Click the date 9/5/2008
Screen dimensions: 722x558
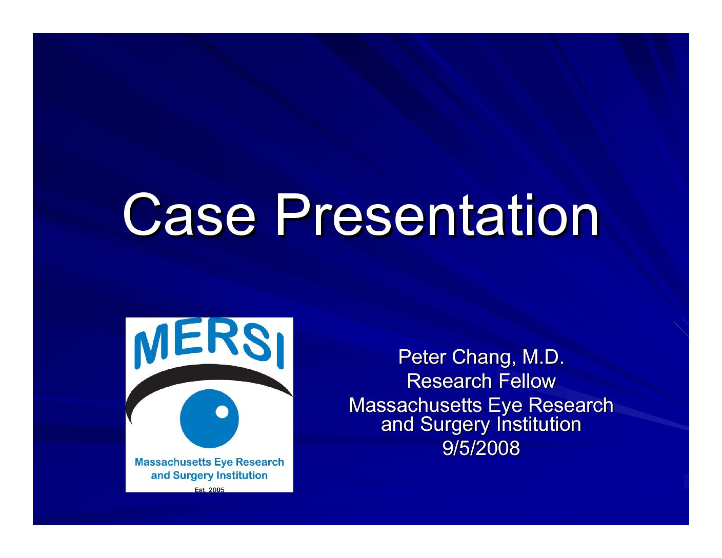(x=481, y=448)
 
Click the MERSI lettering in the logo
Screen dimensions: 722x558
(x=209, y=344)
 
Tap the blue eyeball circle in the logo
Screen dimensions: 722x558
(x=209, y=418)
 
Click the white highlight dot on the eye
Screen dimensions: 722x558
(x=222, y=412)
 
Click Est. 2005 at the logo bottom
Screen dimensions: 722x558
(x=209, y=490)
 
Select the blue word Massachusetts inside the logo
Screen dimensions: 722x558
(x=173, y=462)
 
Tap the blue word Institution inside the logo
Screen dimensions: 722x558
(x=242, y=475)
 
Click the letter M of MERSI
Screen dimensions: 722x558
(x=150, y=349)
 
